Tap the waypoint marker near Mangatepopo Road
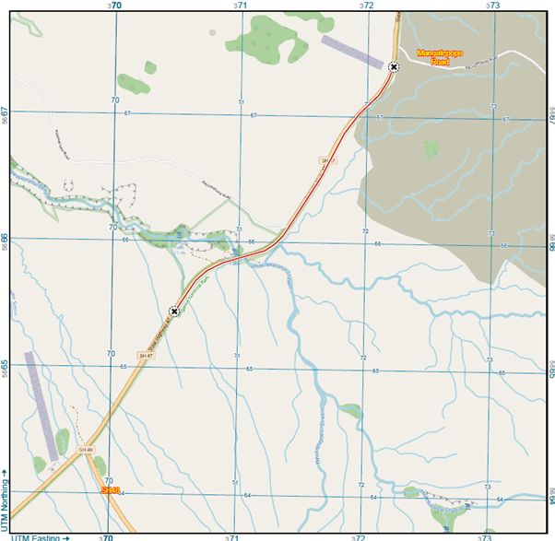coord(394,66)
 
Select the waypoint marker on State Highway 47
coord(173,312)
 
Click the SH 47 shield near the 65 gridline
coord(144,355)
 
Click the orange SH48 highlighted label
coord(111,490)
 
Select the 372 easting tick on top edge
coord(367,6)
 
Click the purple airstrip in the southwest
coord(42,406)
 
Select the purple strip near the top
coord(351,51)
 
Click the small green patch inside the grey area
coord(430,147)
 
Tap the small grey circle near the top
coord(212,31)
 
